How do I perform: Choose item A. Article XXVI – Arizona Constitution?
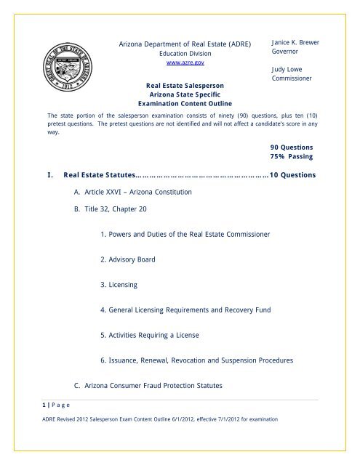[x=132, y=193]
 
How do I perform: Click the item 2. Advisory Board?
[x=128, y=259]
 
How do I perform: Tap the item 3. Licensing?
[x=121, y=286]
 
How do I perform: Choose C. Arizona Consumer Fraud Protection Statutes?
[x=164, y=385]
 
